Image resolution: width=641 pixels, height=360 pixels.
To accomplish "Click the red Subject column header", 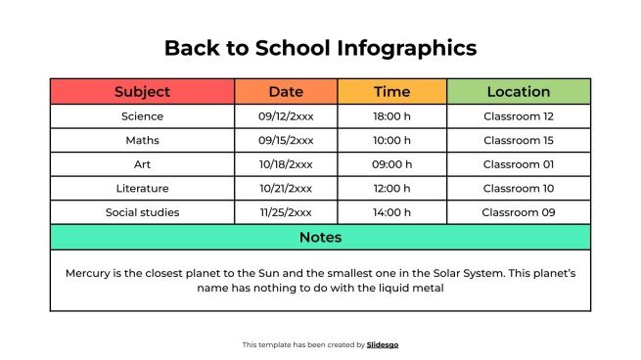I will [142, 92].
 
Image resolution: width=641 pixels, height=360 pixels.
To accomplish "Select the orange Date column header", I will [286, 92].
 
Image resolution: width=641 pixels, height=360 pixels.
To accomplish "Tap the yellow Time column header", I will [392, 92].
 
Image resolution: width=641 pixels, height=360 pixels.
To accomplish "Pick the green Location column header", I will [519, 92].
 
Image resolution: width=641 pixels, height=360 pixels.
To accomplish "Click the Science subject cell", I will [142, 116].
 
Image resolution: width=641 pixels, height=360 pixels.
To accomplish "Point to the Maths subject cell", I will [142, 140].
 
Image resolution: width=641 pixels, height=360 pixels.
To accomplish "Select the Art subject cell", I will [142, 164].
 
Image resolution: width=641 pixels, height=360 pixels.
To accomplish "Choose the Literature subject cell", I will [142, 188].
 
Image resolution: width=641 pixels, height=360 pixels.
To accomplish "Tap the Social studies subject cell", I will [142, 212].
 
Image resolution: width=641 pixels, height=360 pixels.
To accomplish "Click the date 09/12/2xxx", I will [286, 116].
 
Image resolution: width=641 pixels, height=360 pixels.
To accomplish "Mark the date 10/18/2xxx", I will [286, 164].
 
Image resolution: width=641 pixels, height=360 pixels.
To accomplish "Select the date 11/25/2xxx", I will [286, 212].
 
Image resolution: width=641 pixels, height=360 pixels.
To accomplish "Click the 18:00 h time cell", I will [392, 116].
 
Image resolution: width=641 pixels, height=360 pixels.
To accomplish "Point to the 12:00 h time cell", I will [392, 188].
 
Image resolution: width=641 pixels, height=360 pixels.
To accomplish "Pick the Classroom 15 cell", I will [519, 140].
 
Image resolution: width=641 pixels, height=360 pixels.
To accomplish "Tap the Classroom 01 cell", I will [519, 164].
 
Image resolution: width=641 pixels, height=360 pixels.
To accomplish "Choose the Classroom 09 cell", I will [519, 212].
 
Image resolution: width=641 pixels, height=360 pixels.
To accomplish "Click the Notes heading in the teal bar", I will [320, 237].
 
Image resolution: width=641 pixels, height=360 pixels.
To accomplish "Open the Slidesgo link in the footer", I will [383, 344].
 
